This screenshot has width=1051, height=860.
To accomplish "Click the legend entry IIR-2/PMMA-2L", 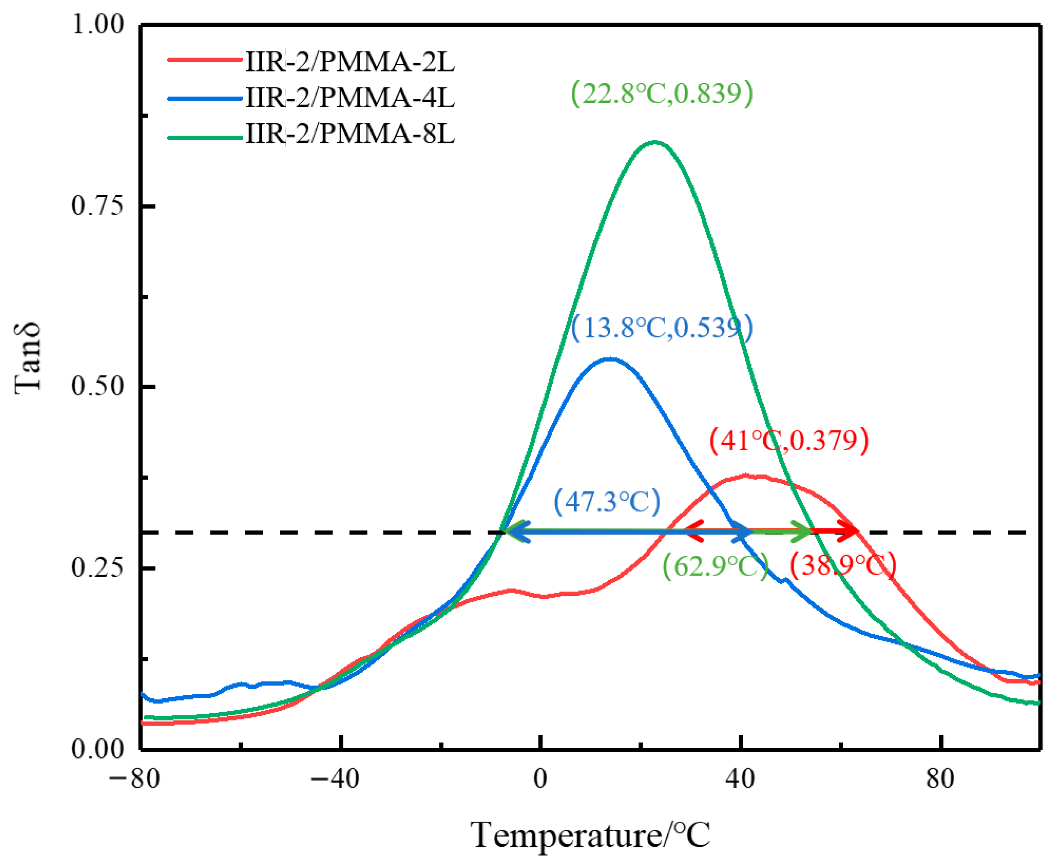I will click(x=350, y=62).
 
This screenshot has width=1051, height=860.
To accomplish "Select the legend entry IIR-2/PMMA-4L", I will click(x=350, y=98).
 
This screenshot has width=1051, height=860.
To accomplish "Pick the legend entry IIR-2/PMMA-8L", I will click(x=350, y=133).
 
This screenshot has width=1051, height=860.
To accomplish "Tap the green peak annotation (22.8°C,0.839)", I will click(x=662, y=93).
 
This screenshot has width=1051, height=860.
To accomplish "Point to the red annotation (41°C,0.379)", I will click(x=789, y=440).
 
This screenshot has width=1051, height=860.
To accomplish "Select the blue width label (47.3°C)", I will click(x=607, y=501).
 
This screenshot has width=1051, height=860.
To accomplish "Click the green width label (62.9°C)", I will click(x=715, y=565).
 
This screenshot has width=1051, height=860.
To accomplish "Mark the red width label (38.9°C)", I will click(x=842, y=565).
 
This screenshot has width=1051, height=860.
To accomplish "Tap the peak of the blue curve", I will click(x=611, y=359).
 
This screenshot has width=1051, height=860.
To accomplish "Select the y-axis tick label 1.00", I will click(x=97, y=24).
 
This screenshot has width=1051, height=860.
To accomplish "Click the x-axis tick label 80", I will click(x=940, y=779).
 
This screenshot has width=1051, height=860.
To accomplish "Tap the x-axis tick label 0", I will click(x=540, y=779).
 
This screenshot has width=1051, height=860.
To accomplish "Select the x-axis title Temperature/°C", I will click(x=590, y=835).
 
